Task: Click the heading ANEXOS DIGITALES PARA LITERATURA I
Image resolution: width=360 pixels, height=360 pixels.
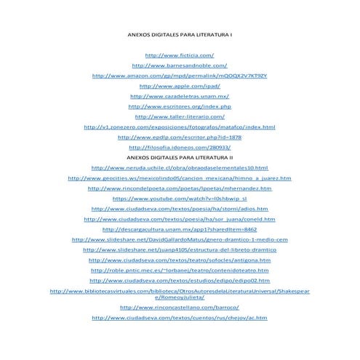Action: tap(180, 34)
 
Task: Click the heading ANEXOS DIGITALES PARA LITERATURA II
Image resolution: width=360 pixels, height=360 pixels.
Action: tap(180, 157)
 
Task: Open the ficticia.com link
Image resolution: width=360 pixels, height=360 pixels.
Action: tap(180, 55)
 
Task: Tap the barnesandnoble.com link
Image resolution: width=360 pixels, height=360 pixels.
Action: tap(180, 65)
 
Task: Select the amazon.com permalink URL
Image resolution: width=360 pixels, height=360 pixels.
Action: tap(180, 75)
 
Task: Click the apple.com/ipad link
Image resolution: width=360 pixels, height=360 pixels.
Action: tap(180, 85)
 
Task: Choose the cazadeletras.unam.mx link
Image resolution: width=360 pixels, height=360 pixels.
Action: tap(180, 95)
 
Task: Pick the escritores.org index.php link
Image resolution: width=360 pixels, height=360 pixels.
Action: tap(180, 106)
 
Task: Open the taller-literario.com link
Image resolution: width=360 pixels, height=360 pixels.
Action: tap(180, 116)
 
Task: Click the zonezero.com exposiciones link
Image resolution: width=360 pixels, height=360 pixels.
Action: tap(180, 127)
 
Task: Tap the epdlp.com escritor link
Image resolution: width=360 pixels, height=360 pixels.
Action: tap(180, 137)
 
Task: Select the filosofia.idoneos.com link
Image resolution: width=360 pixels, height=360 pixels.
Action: tap(180, 147)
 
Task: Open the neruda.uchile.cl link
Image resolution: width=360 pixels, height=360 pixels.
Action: tap(180, 167)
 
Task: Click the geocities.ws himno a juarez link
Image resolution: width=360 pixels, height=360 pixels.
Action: tap(180, 177)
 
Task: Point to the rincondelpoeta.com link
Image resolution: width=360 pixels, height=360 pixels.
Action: tap(180, 188)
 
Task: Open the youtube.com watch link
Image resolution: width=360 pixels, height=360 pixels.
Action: tap(180, 198)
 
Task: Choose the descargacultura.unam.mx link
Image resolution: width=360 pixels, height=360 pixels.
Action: tap(180, 228)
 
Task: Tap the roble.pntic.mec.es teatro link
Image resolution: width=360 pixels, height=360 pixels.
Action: tap(180, 269)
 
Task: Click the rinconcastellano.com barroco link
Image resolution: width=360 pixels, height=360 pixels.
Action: tap(180, 308)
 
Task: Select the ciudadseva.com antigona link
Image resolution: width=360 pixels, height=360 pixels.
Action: tap(180, 259)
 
